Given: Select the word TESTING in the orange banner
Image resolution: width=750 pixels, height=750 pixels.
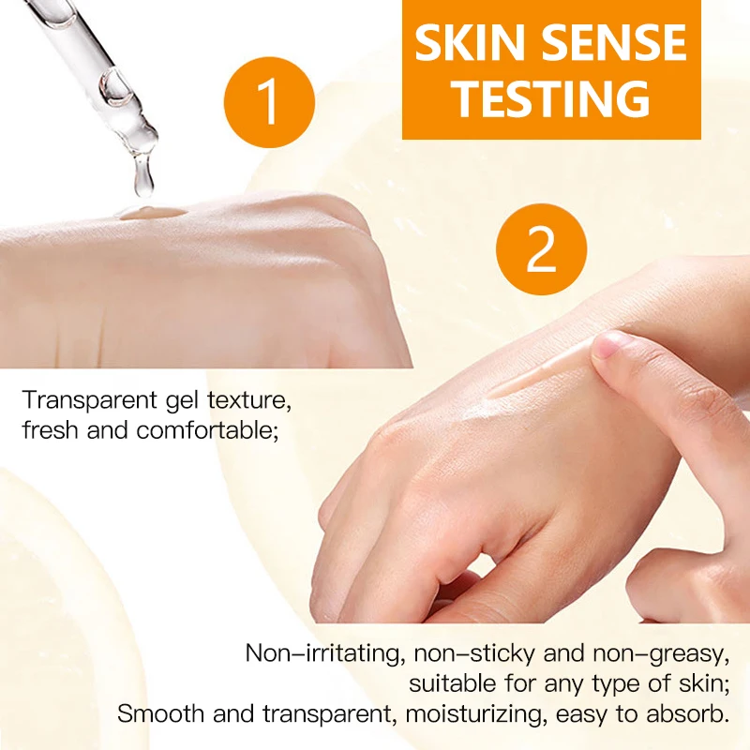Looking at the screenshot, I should pos(551,98).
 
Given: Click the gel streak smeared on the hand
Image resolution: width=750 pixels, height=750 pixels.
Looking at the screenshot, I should pos(539,373).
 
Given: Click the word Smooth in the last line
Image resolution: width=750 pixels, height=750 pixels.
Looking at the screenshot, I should pos(155,713).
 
